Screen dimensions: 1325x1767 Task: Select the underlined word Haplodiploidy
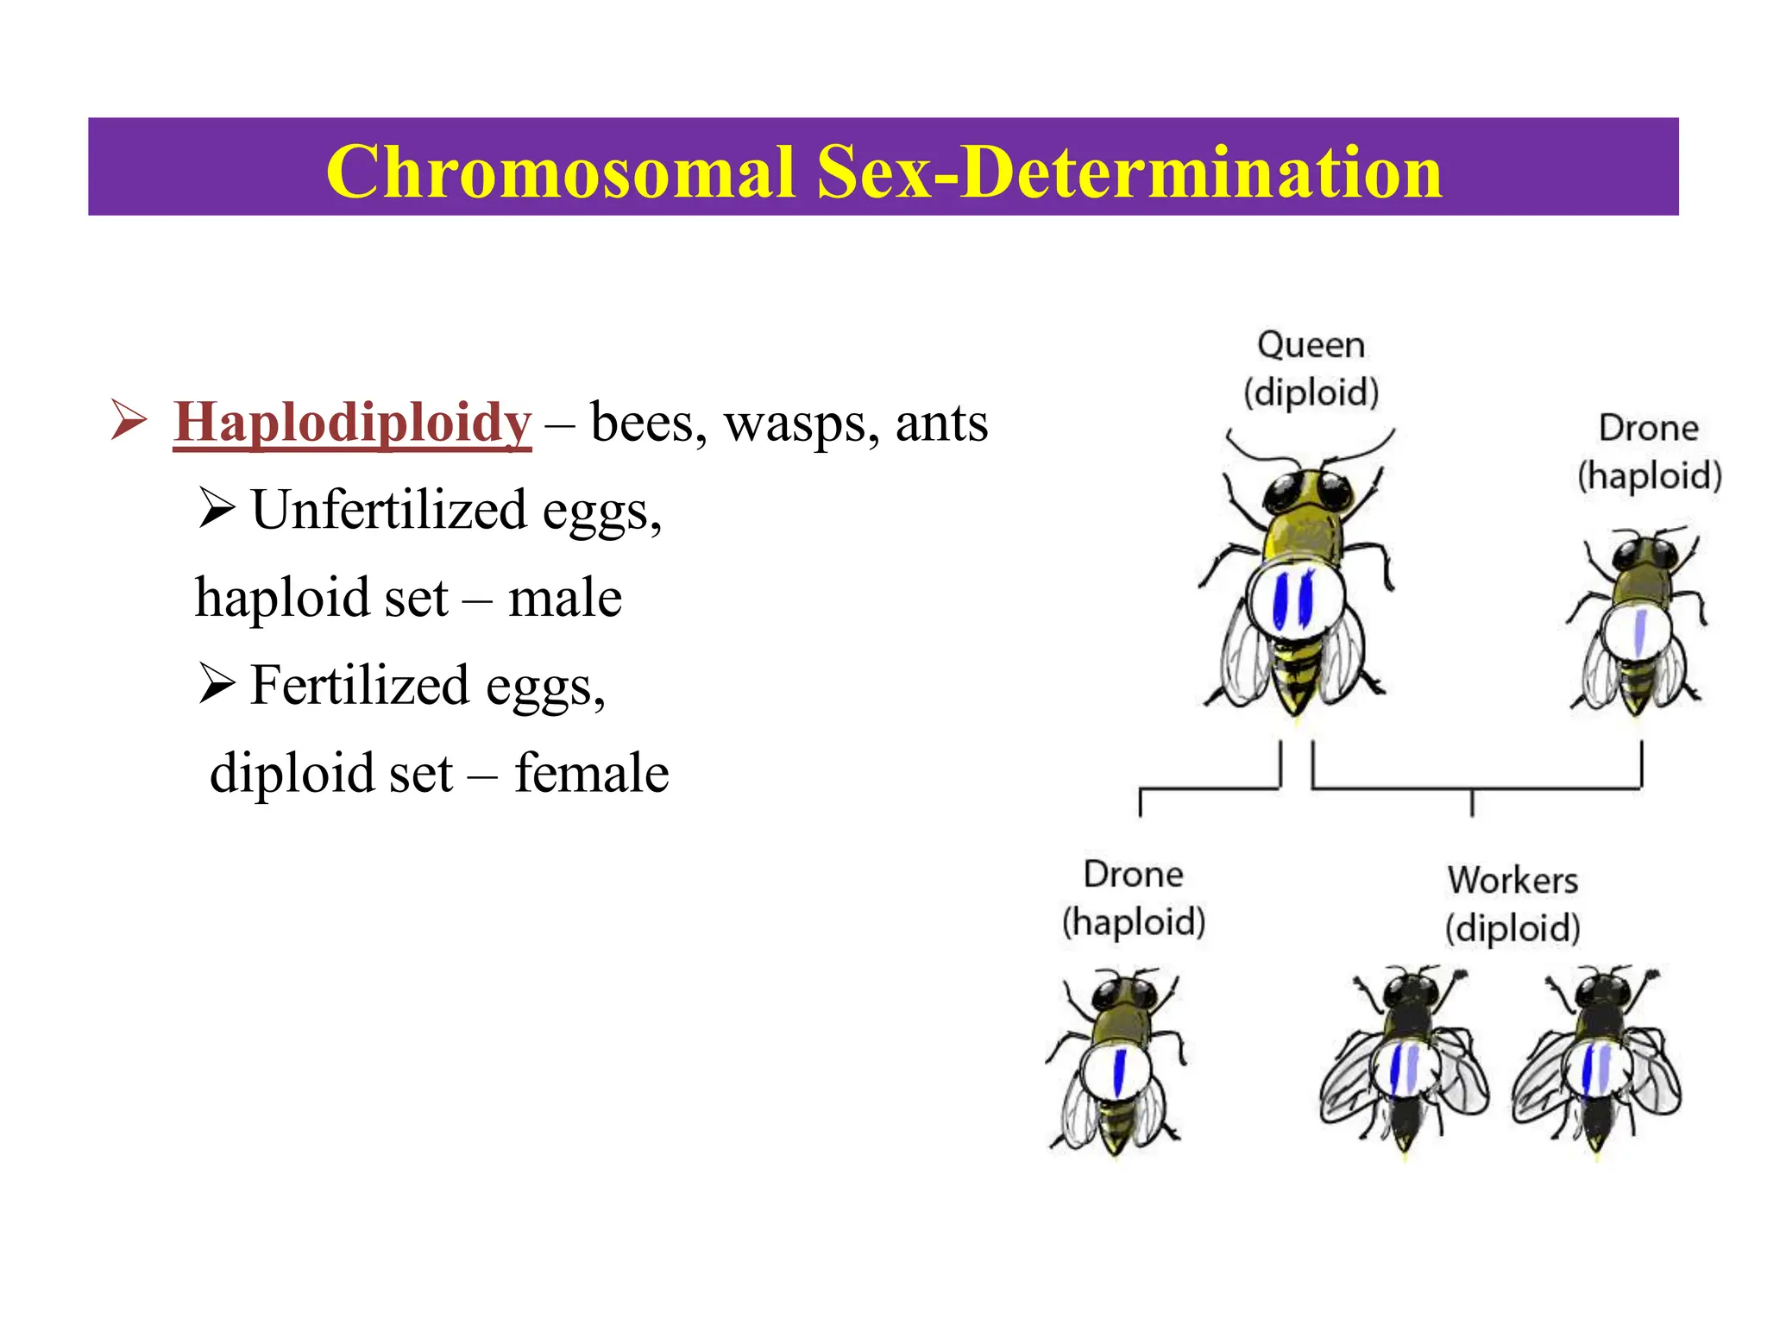tap(352, 423)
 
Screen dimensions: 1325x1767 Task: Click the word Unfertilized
tap(388, 510)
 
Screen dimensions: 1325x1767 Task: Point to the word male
tap(565, 598)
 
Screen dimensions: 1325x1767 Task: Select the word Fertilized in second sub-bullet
tap(359, 685)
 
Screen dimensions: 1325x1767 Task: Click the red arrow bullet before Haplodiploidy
tap(129, 421)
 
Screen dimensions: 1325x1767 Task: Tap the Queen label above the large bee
tap(1311, 345)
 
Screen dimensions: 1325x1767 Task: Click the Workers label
tap(1512, 881)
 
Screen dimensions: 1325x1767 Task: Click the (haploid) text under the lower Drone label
tap(1133, 922)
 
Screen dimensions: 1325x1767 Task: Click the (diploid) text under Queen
tap(1311, 392)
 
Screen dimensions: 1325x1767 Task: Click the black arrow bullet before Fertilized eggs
tap(217, 683)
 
